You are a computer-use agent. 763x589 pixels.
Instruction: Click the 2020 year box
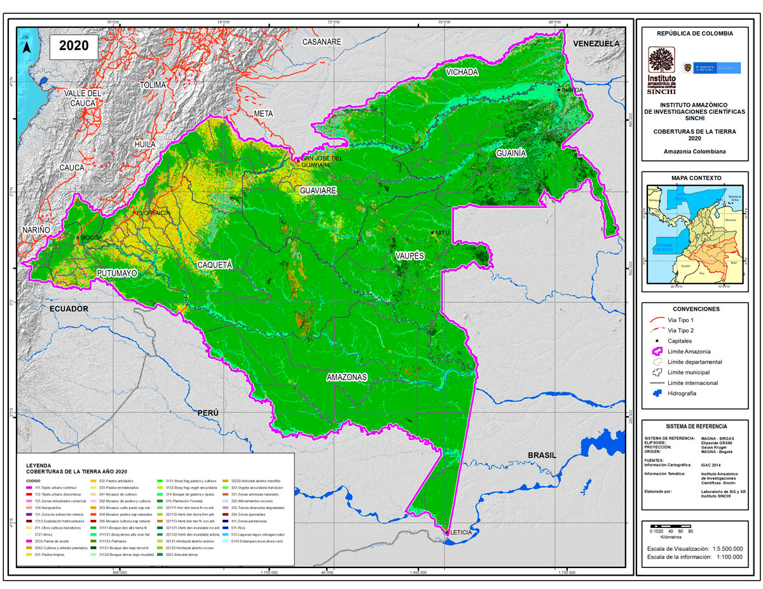coord(74,46)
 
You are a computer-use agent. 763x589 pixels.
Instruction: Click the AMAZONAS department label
coord(347,377)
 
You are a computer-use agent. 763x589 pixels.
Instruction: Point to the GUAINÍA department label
coord(512,153)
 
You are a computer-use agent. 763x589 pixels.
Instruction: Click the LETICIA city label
coord(462,532)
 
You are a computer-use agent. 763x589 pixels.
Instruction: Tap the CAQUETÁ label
coord(215,264)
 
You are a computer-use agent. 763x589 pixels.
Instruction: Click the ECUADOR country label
coord(68,308)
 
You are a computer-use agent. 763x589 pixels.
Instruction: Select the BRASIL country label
coord(542,456)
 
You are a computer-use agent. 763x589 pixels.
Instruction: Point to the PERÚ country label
coord(208,412)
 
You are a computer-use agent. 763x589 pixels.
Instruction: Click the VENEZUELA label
coord(596,44)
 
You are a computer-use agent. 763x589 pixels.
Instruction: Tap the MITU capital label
coord(443,233)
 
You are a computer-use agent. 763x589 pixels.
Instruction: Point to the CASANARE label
coord(322,42)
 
